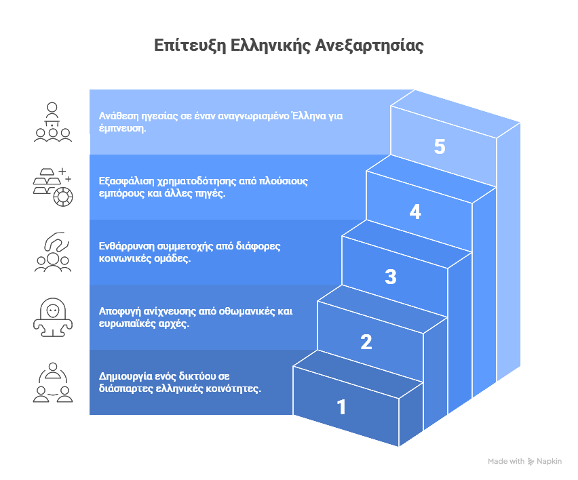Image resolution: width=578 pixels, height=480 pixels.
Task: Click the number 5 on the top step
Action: pyautogui.click(x=440, y=147)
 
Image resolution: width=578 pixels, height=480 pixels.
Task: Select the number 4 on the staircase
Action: pyautogui.click(x=415, y=212)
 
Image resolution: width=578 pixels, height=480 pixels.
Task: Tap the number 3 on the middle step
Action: pyautogui.click(x=391, y=277)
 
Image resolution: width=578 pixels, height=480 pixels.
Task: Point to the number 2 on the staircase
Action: pyautogui.click(x=366, y=342)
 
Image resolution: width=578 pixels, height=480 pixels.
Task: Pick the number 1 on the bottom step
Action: pyautogui.click(x=341, y=407)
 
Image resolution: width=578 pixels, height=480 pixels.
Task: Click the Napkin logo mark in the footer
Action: pyautogui.click(x=531, y=461)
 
